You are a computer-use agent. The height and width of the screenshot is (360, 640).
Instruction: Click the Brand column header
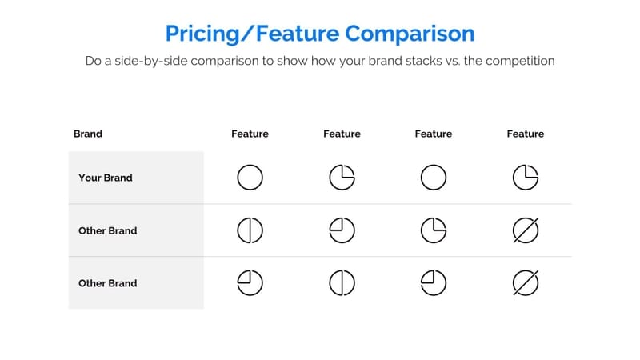(x=88, y=134)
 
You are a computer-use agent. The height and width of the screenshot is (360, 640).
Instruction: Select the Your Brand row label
(x=106, y=178)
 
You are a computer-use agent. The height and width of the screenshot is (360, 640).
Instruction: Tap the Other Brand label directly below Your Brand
(x=108, y=230)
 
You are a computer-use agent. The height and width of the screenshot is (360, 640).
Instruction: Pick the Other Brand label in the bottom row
(x=108, y=283)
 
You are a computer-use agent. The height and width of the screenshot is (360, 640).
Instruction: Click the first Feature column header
(x=250, y=134)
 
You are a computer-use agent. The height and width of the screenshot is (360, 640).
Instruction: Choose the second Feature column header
(x=342, y=134)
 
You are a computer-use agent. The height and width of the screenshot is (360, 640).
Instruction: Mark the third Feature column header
(x=434, y=134)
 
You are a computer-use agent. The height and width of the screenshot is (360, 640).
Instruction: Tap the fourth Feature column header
(x=526, y=134)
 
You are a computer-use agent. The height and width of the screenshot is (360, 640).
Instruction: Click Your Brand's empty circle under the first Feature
(x=250, y=178)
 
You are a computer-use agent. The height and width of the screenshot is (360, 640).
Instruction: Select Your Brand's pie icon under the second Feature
(x=342, y=178)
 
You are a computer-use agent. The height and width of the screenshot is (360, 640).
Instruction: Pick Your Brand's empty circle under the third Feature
(x=434, y=178)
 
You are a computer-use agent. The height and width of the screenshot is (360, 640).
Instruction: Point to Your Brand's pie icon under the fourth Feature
(x=526, y=178)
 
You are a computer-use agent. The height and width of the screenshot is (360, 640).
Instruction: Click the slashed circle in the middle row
(x=526, y=230)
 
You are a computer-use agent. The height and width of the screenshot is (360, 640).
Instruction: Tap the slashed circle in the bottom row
(x=526, y=283)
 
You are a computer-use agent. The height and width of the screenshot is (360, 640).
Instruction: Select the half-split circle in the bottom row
(x=342, y=283)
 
